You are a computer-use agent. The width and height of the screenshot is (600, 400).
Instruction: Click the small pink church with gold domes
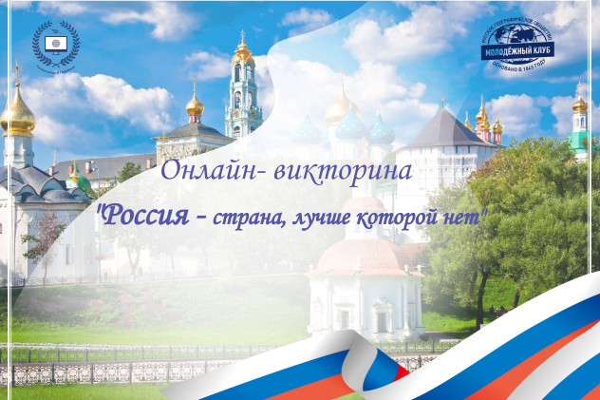click(x=487, y=128)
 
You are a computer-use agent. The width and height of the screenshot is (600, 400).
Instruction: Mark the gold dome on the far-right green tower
click(x=579, y=104)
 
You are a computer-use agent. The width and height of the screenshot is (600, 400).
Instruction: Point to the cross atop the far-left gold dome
click(x=16, y=73)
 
